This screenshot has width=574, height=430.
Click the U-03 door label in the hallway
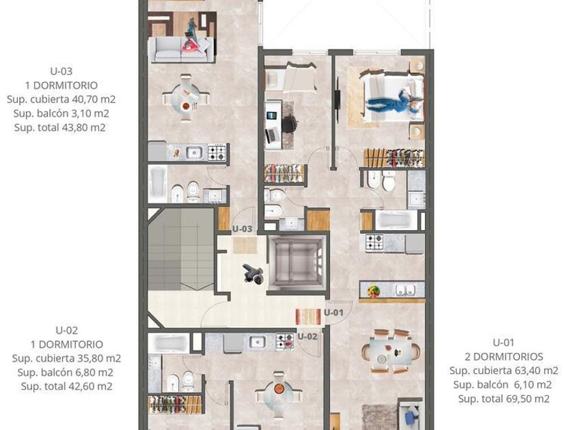pyautogui.click(x=243, y=229)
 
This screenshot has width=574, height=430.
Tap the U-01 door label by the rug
pyautogui.click(x=333, y=313)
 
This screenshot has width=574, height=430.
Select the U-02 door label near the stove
pyautogui.click(x=307, y=336)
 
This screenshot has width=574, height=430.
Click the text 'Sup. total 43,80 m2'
pyautogui.click(x=60, y=128)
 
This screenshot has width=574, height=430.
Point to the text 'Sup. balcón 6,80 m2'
pyautogui.click(x=65, y=373)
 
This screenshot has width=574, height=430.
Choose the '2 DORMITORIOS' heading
pyautogui.click(x=504, y=356)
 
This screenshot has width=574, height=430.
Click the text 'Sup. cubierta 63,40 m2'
pyautogui.click(x=504, y=371)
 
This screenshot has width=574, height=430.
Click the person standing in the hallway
pyautogui.click(x=253, y=274)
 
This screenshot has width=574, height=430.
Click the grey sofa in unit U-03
pyautogui.click(x=181, y=50)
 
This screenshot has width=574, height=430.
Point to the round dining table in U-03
pyautogui.click(x=187, y=98)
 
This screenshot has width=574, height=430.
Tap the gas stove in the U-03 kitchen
pyautogui.click(x=217, y=153)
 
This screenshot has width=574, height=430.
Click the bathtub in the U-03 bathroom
pyautogui.click(x=158, y=184)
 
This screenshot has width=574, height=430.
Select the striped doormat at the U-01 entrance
pyautogui.click(x=308, y=317)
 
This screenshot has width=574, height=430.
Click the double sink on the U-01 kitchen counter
pyautogui.click(x=405, y=291)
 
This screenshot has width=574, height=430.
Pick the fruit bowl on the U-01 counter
pyautogui.click(x=373, y=291)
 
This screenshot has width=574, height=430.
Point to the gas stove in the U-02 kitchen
pyautogui.click(x=285, y=342)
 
